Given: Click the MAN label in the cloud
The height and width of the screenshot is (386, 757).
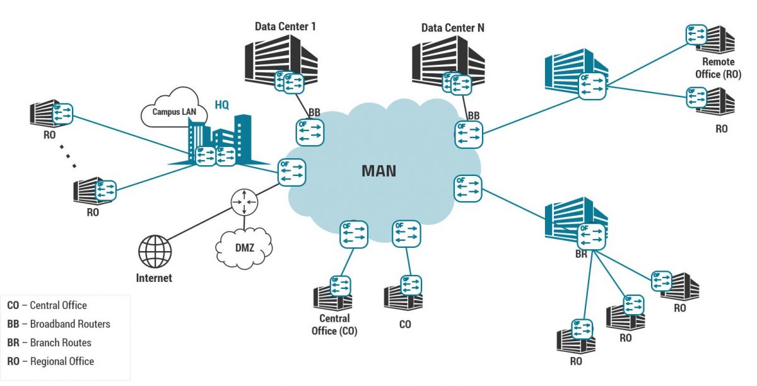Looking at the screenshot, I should [378, 170].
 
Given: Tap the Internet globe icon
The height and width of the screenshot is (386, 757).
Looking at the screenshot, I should [155, 252].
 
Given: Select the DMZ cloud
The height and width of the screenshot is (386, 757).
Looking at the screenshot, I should [245, 247].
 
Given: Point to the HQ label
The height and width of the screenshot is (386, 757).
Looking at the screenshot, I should [222, 104].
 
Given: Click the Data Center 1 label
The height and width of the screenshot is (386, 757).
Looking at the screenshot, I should [285, 26].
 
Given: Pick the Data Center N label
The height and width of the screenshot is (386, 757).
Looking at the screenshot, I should [453, 28].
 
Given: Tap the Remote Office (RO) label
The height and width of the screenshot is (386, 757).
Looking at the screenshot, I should [719, 68].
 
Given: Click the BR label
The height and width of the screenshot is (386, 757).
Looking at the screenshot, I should [581, 255].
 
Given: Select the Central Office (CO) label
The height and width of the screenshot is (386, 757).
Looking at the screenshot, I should [334, 324].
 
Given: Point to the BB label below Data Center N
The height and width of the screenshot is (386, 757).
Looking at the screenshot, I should [474, 115].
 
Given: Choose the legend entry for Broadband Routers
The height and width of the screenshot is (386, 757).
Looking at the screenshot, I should [59, 324].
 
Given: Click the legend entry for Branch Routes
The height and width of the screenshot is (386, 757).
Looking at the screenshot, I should [49, 343].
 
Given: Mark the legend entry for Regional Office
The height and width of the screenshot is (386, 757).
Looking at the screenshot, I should [50, 361].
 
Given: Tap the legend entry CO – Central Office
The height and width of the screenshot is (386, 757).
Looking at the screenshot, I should [47, 305].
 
